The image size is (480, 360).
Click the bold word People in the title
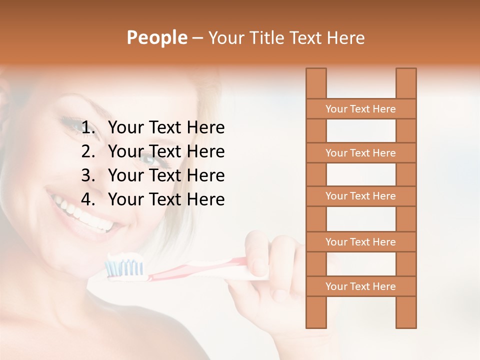pyautogui.click(x=156, y=37)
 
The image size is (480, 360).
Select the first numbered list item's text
pyautogui.click(x=166, y=128)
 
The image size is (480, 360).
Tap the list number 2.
pyautogui.click(x=88, y=151)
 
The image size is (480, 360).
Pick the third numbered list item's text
pyautogui.click(x=166, y=175)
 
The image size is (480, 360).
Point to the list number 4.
pyautogui.click(x=88, y=199)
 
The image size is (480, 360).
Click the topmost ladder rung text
pyautogui.click(x=360, y=109)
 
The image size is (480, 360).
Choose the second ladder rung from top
pyautogui.click(x=360, y=153)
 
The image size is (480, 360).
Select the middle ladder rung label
pyautogui.click(x=360, y=196)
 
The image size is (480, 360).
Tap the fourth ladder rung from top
pyautogui.click(x=360, y=242)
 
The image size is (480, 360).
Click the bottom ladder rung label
pyautogui.click(x=360, y=286)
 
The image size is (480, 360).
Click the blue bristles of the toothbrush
pyautogui.click(x=125, y=268)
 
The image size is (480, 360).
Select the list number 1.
pyautogui.click(x=88, y=128)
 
